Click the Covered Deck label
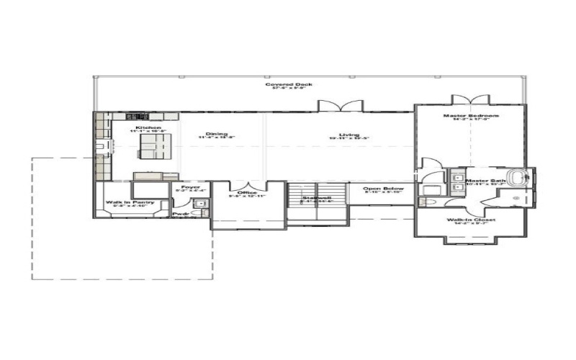(x=288, y=85)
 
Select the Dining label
(x=216, y=134)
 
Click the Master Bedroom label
(x=471, y=115)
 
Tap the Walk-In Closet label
(x=470, y=220)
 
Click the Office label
(x=247, y=192)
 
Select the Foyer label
(x=191, y=187)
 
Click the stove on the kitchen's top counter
(x=135, y=116)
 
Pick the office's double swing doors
(x=248, y=184)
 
